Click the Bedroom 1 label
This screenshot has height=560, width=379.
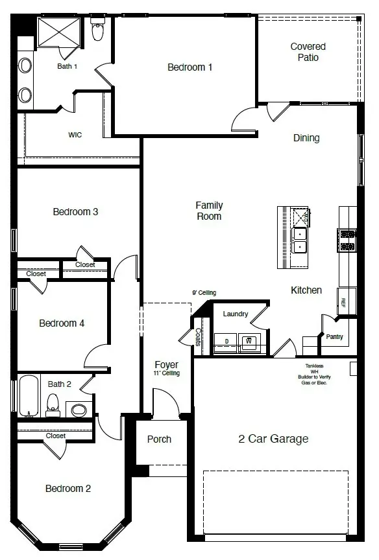[189, 67]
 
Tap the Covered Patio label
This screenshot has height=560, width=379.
[308, 52]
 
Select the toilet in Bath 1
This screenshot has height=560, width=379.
[98, 30]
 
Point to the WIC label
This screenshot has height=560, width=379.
[75, 135]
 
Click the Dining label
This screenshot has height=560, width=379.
[306, 138]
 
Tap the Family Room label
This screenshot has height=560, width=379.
[209, 211]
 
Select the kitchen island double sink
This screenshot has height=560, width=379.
[300, 240]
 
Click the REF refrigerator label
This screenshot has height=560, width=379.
[344, 302]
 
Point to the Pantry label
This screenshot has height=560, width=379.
[335, 336]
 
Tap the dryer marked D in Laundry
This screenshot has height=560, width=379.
[226, 341]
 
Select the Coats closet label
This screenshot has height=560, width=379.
[199, 337]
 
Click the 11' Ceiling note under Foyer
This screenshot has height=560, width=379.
[167, 373]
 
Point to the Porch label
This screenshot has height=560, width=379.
[159, 439]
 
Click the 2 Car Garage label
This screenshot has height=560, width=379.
[273, 439]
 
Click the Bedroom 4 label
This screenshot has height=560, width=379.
[62, 323]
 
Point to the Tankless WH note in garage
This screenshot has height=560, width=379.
[312, 375]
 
